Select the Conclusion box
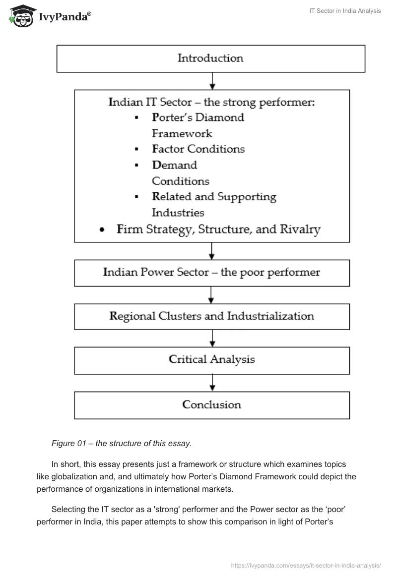(212, 405)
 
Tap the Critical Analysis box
(212, 359)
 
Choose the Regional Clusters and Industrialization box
(212, 316)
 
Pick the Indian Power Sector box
(212, 272)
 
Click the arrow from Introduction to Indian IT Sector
(212, 81)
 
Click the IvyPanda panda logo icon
(21, 17)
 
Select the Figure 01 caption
(122, 444)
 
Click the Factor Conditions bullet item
(198, 149)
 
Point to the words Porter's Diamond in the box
(198, 118)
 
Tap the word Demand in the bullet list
(174, 165)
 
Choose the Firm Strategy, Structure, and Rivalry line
(218, 230)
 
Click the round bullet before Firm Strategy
(102, 230)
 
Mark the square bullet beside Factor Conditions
(136, 150)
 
